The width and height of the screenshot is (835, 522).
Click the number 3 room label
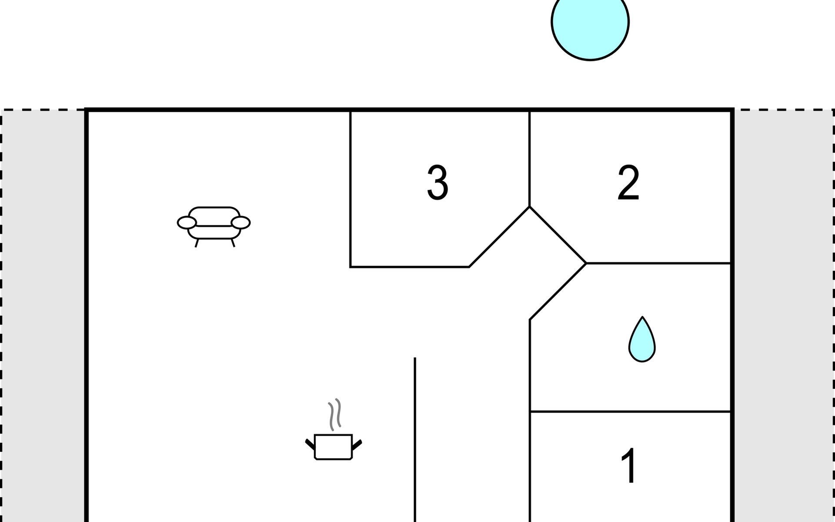(438, 183)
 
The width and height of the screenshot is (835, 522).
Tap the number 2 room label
(628, 183)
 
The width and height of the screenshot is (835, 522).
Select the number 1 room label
(629, 465)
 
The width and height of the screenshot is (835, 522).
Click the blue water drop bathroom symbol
(642, 339)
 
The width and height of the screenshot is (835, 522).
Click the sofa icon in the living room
(214, 227)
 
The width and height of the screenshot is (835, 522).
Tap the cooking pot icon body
(333, 447)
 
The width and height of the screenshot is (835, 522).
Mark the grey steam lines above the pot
(334, 415)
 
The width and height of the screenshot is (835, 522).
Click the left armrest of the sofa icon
(187, 222)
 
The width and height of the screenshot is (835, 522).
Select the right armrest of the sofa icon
(240, 222)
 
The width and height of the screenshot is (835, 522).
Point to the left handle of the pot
(310, 444)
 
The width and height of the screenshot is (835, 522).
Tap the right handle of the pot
(357, 445)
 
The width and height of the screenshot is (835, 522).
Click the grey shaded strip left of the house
(43, 316)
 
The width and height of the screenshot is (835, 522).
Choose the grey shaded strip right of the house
(784, 316)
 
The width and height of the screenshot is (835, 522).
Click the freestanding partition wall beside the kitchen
(415, 440)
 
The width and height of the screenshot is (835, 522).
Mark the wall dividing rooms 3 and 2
(529, 159)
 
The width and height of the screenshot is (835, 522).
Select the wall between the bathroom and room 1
(630, 411)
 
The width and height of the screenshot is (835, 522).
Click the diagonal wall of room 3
(499, 237)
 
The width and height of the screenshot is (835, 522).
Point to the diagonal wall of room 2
(558, 235)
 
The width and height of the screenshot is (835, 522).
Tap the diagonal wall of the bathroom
(558, 291)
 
